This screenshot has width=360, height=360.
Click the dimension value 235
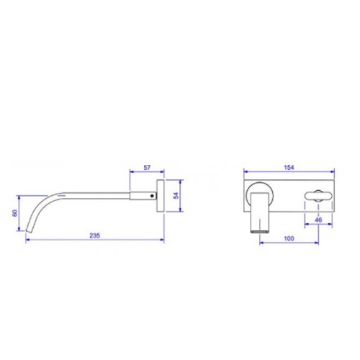click(94, 235)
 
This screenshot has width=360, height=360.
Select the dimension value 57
click(147, 168)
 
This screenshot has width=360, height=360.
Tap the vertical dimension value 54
click(176, 196)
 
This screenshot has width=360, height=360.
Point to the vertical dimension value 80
click(15, 213)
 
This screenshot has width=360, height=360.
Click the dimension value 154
click(289, 168)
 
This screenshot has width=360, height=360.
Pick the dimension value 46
click(318, 220)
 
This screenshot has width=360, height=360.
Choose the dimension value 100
click(289, 238)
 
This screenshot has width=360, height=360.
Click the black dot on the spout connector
click(152, 196)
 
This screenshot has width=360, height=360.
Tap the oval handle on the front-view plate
click(318, 196)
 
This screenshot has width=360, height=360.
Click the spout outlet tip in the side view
click(29, 231)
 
